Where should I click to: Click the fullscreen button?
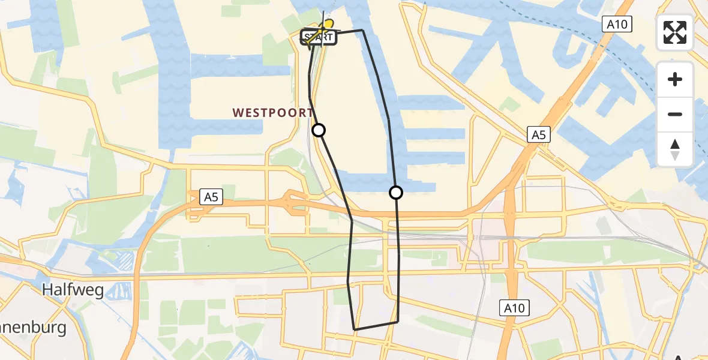pos(675,32)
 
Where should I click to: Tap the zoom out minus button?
pos(675,114)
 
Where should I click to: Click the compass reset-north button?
pos(675,149)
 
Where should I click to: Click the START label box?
pos(319,38)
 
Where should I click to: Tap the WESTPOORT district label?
pos(272,113)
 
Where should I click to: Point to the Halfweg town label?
pos(73,291)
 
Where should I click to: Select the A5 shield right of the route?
pos(538,134)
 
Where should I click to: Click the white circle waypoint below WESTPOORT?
pos(319,130)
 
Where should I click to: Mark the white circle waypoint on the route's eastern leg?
pos(396,193)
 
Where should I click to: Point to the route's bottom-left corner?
pos(355,329)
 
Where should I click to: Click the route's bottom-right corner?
pos(398,322)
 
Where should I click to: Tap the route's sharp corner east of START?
pos(362,30)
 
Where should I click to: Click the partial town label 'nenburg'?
pos(33,329)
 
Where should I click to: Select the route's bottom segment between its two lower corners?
pos(376,326)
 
